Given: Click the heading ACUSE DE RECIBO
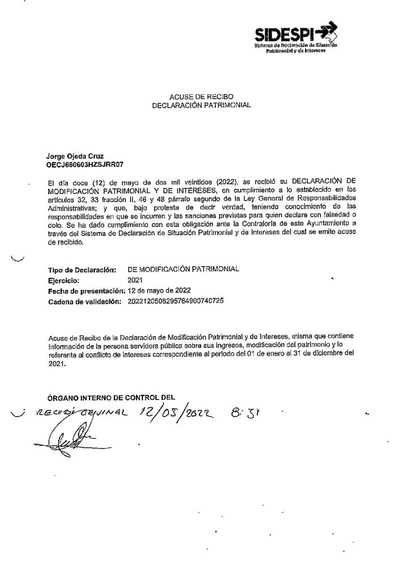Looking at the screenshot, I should click(201, 96).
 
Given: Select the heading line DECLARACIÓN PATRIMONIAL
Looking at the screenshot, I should click(201, 105).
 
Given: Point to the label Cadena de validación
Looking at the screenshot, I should click(86, 301).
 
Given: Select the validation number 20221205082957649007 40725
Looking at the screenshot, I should click(176, 300).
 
